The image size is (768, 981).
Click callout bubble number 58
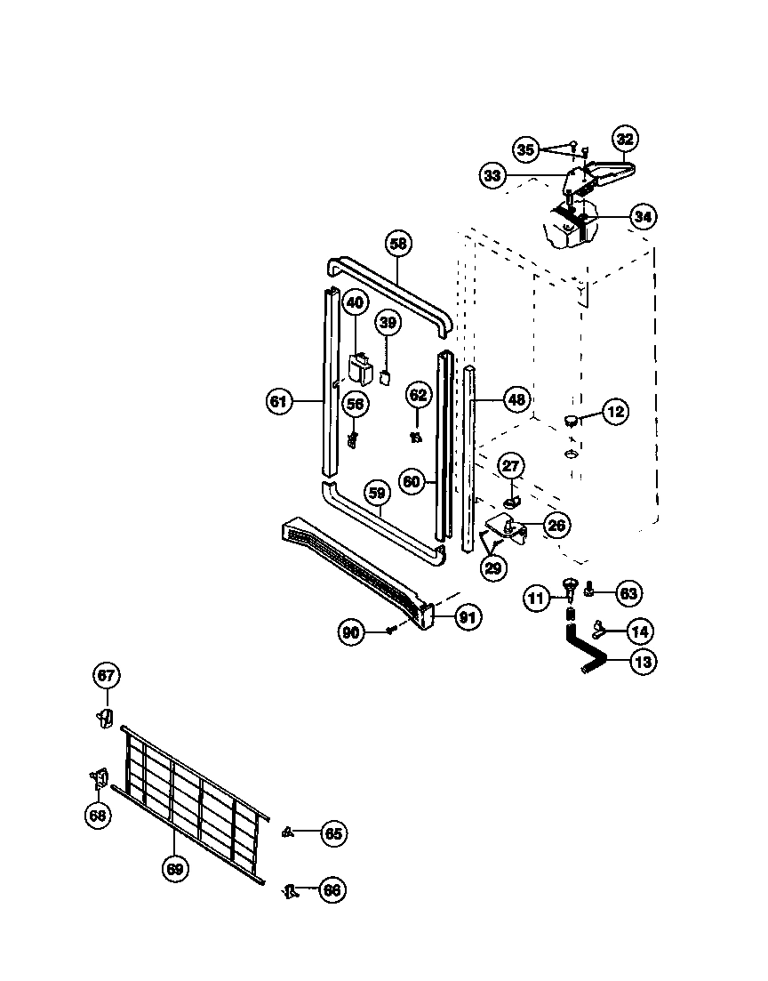click(x=399, y=243)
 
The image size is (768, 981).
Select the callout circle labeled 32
click(x=626, y=139)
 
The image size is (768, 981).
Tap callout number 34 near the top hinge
click(x=643, y=216)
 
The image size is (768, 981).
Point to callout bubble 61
click(x=279, y=402)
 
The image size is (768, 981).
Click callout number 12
click(x=614, y=412)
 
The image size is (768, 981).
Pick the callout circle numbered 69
click(x=175, y=869)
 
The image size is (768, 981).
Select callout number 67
click(x=106, y=676)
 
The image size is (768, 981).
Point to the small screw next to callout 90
click(x=391, y=630)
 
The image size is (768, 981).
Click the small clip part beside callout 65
click(x=287, y=832)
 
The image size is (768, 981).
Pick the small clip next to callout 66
click(x=289, y=889)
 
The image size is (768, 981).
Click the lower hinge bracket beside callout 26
click(x=506, y=530)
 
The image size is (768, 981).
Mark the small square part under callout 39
click(x=386, y=377)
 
